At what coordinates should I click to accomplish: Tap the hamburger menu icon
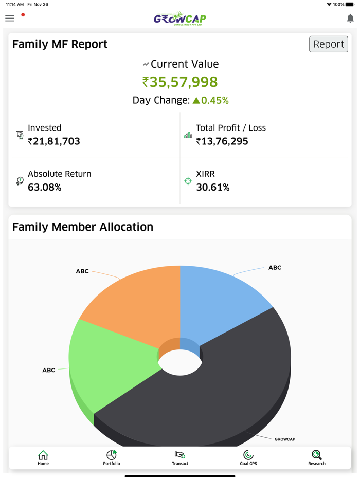(10, 19)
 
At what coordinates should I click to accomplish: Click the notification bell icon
(350, 19)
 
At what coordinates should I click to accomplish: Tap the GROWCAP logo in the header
(180, 19)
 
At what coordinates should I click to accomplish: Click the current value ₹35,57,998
(180, 82)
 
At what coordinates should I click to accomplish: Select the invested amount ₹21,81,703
(54, 141)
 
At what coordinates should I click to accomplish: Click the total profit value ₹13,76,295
(222, 141)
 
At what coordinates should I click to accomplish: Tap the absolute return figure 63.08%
(45, 188)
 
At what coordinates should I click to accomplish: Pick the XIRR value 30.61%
(213, 188)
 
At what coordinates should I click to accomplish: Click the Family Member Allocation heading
(83, 227)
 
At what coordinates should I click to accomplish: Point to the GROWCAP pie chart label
(284, 439)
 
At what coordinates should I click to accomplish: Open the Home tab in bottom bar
(43, 457)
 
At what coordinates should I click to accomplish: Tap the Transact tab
(180, 457)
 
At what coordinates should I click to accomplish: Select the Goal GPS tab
(248, 457)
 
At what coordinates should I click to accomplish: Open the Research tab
(317, 457)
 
